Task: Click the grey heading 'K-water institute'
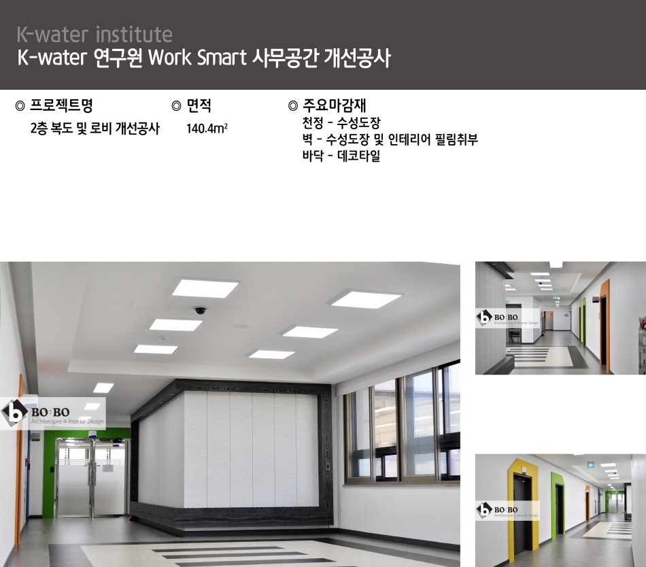tap(95, 35)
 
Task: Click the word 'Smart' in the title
tap(222, 57)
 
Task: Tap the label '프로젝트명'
tap(61, 105)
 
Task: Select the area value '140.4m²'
tap(207, 128)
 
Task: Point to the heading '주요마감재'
tap(335, 105)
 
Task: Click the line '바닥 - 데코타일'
tap(341, 156)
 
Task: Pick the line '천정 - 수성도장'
tap(341, 122)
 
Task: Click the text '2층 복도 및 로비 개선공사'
tap(95, 128)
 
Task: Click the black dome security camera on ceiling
tap(200, 310)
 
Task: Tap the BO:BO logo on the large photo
tap(53, 414)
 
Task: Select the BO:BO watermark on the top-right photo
tap(507, 318)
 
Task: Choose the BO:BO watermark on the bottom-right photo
tap(507, 510)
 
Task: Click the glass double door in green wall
tap(92, 478)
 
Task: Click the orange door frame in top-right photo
tap(605, 325)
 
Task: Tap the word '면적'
tap(199, 105)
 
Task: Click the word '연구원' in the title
tap(118, 57)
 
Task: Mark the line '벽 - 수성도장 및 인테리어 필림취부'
tap(390, 139)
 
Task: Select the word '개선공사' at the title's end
tap(357, 57)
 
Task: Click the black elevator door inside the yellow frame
tap(522, 515)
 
